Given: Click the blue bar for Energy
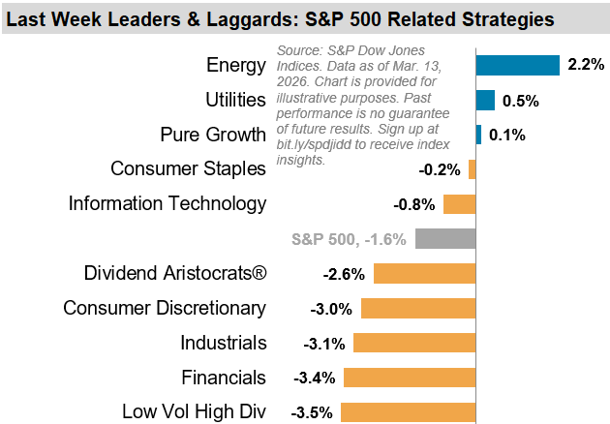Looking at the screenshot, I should pyautogui.click(x=518, y=65).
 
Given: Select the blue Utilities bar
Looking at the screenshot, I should pyautogui.click(x=485, y=100).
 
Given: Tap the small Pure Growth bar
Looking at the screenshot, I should pyautogui.click(x=478, y=135).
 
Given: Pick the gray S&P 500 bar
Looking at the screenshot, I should pyautogui.click(x=445, y=238).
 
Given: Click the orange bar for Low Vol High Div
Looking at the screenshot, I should pyautogui.click(x=408, y=411).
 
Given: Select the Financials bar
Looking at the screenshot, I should pyautogui.click(x=410, y=377).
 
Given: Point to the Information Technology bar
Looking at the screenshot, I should pyautogui.click(x=459, y=203).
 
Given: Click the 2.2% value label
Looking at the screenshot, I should pyautogui.click(x=587, y=66).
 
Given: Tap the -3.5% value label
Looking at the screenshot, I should pyautogui.click(x=312, y=412).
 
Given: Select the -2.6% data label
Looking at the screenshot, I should pyautogui.click(x=344, y=274).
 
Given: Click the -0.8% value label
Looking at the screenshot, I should pyautogui.click(x=414, y=204).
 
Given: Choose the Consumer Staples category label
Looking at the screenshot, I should pyautogui.click(x=188, y=168).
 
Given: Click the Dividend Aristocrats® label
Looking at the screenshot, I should pyautogui.click(x=174, y=273).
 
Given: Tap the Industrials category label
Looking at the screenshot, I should pyautogui.click(x=223, y=343).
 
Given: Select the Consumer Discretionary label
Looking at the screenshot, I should pyautogui.click(x=164, y=308).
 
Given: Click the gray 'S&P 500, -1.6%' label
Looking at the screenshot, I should pyautogui.click(x=349, y=239).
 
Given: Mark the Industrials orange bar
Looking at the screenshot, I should pyautogui.click(x=414, y=342).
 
